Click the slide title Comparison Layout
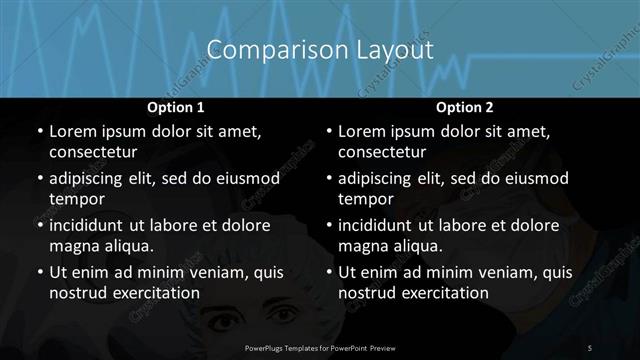(x=319, y=50)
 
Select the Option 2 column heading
(x=464, y=107)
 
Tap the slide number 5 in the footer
(x=590, y=347)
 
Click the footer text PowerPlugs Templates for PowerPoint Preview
(x=319, y=347)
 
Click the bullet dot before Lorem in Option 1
(x=38, y=131)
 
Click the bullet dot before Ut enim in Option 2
(x=328, y=272)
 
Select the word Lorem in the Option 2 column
(x=362, y=131)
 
